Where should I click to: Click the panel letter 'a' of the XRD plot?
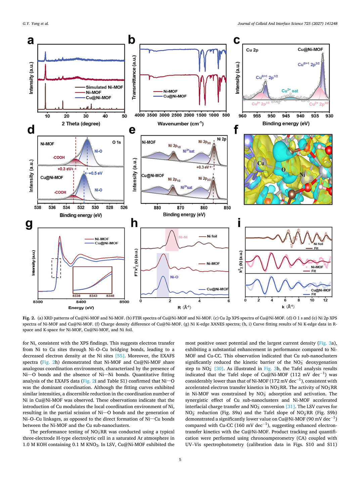[x=31, y=40]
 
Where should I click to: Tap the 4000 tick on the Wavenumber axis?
[x=140, y=115]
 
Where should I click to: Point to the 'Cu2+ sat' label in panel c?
[x=289, y=91]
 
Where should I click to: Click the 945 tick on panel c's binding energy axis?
[x=286, y=116]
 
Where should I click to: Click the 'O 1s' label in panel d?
[x=117, y=142]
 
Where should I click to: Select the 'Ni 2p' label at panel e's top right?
[x=222, y=139]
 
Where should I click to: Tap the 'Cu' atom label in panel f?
[x=261, y=163]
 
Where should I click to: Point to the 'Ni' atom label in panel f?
[x=302, y=175]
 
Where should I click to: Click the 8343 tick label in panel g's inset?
[x=93, y=296]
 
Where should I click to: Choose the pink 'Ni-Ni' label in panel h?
[x=183, y=237]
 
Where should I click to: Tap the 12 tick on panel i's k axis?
[x=325, y=300]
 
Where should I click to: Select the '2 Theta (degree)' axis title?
[x=81, y=124]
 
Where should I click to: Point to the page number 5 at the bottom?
[x=180, y=460]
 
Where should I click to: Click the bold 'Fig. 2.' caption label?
[x=29, y=318]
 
